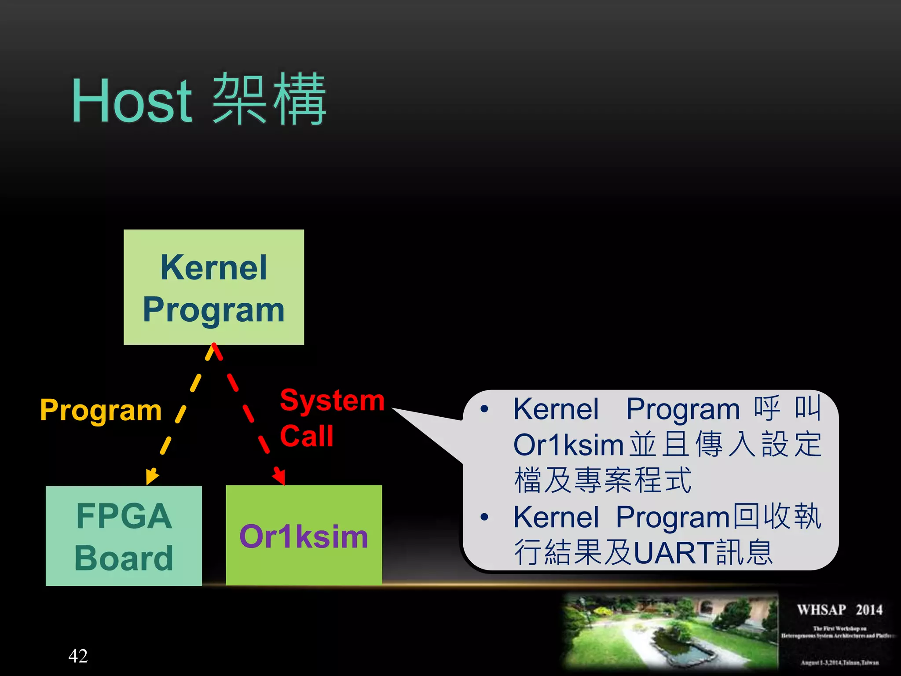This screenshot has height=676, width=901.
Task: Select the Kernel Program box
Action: (214, 287)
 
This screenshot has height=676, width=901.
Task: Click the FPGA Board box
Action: (124, 536)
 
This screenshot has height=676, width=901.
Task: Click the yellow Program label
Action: (101, 410)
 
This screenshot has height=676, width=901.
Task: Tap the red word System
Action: (332, 400)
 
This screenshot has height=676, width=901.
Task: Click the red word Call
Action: (307, 436)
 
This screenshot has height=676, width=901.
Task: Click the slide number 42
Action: (78, 656)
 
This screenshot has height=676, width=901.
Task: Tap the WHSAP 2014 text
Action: (839, 610)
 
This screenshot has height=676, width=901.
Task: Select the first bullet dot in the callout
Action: (484, 409)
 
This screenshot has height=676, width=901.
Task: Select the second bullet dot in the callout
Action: (484, 517)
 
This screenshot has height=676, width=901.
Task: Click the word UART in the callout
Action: (674, 552)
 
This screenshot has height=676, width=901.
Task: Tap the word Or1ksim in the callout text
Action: (568, 445)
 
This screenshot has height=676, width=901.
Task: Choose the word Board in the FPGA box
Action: (124, 558)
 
